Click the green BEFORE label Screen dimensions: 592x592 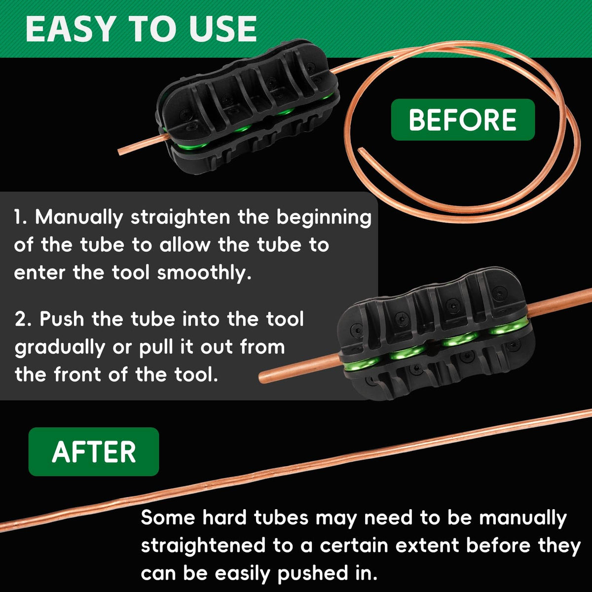(463, 120)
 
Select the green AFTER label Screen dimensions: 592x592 (94, 451)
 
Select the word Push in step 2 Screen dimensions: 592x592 (62, 319)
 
